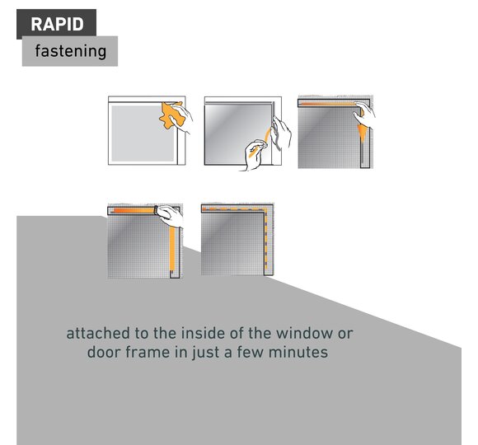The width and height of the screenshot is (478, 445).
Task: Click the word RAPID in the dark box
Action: click(x=57, y=24)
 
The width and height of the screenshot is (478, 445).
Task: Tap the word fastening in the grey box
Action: click(x=70, y=51)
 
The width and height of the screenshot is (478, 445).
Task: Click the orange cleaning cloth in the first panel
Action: click(x=170, y=115)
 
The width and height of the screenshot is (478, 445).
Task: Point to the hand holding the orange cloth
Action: click(x=181, y=118)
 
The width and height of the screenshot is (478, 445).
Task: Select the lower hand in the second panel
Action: click(x=255, y=155)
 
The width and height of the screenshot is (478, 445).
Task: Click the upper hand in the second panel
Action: click(x=281, y=133)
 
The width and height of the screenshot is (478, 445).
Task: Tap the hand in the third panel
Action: click(x=364, y=114)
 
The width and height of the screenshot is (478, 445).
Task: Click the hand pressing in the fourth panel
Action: click(x=170, y=216)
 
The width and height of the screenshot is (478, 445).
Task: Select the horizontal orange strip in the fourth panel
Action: click(x=134, y=211)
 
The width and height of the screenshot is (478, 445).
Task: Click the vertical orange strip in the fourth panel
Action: click(x=172, y=248)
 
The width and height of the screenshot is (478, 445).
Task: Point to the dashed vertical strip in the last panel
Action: click(x=266, y=240)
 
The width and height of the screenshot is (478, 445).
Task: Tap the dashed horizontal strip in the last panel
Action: click(x=234, y=209)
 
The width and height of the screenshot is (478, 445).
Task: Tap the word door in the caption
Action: click(x=102, y=352)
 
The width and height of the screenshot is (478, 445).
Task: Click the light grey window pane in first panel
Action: click(x=143, y=133)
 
